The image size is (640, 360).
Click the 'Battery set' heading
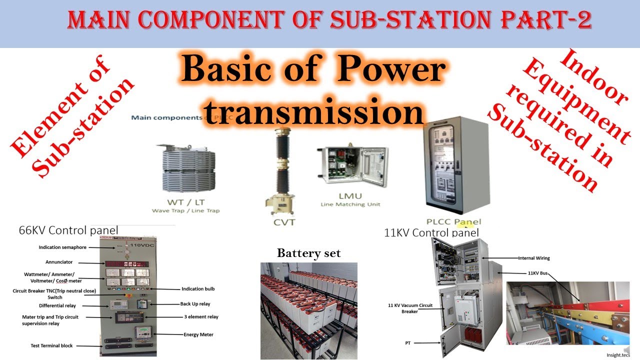[308, 253]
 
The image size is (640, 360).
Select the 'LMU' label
[349, 195]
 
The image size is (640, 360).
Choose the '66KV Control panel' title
[68, 230]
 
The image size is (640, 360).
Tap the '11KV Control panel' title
[431, 232]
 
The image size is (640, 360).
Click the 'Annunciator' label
[59, 261]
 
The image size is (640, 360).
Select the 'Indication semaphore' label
[62, 247]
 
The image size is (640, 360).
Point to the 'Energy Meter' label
[198, 334]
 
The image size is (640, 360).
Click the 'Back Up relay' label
[195, 303]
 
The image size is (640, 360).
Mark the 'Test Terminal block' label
[51, 345]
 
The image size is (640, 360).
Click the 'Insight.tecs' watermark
[617, 355]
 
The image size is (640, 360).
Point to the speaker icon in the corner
[626, 348]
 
